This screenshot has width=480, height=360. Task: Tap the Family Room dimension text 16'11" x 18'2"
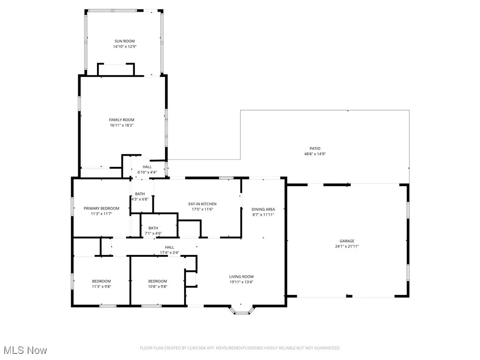click(122, 125)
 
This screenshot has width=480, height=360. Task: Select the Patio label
click(321, 148)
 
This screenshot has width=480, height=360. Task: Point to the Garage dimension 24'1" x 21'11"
click(347, 246)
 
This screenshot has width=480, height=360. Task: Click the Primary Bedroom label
click(101, 208)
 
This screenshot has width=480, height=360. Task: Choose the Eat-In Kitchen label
click(202, 204)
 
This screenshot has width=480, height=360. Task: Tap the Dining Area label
click(263, 209)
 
